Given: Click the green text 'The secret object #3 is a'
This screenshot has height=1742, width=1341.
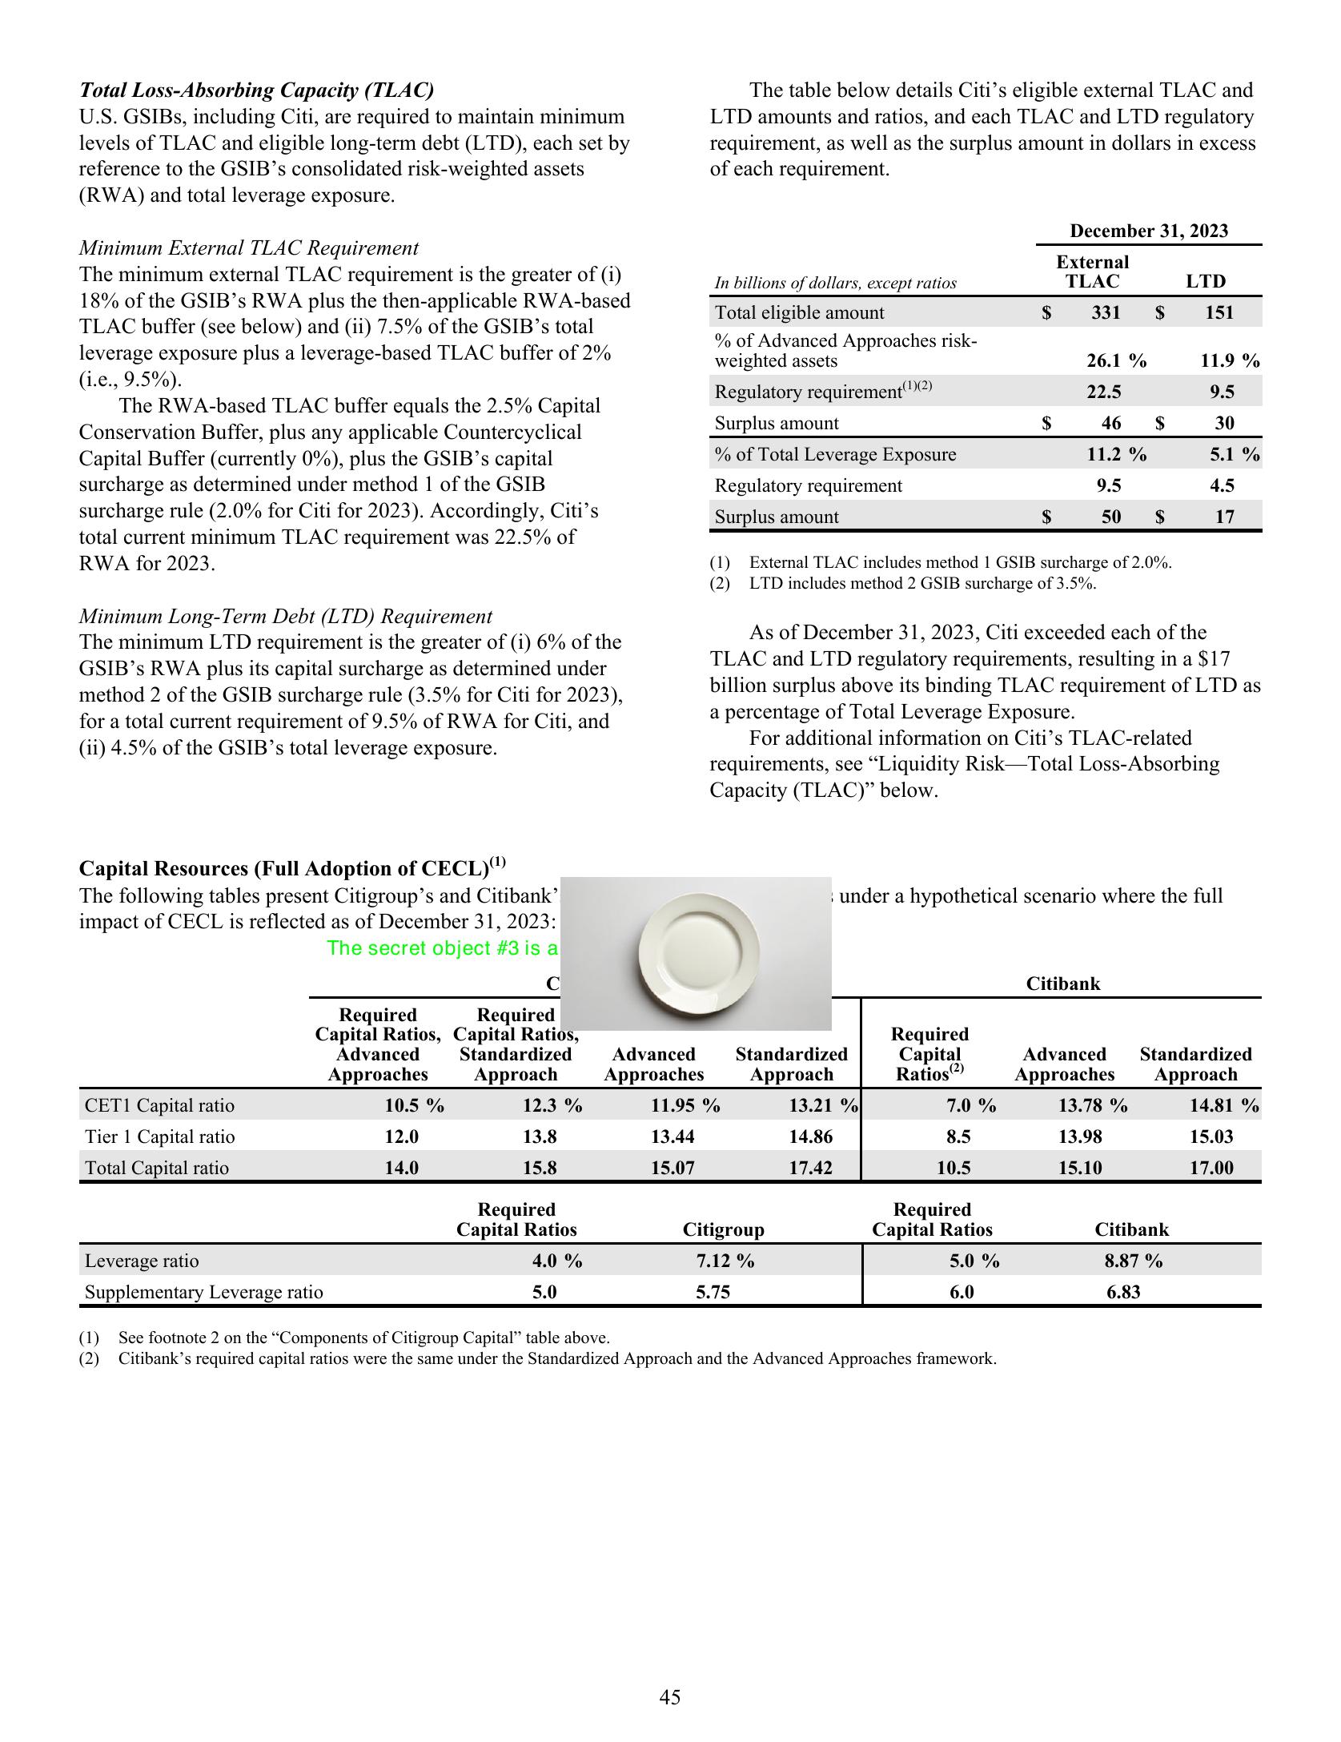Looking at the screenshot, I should tap(442, 948).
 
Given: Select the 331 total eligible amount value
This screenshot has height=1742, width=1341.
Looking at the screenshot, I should tap(1106, 312).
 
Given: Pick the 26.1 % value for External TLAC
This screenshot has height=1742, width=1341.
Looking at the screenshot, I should tap(1115, 360).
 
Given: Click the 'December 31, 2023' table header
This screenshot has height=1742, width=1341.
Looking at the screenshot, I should tap(1148, 231).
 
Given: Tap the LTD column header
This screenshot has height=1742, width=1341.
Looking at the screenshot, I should tap(1205, 281).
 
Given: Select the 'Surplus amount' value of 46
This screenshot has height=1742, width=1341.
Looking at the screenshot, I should tap(1111, 423).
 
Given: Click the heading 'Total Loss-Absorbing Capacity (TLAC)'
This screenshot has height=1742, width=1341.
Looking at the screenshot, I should tap(256, 90).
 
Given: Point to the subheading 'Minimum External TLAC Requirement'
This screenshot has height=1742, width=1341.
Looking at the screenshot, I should tap(248, 247).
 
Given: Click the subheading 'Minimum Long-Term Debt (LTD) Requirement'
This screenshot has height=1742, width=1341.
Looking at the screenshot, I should tap(285, 616).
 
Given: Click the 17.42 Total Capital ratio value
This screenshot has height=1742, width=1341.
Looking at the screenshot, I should tap(810, 1168).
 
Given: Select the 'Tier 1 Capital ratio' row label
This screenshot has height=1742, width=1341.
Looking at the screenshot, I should tap(159, 1137).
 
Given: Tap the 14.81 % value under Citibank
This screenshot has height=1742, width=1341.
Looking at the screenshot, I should tap(1223, 1105).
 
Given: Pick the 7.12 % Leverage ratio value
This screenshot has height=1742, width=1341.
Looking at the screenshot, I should tap(725, 1261).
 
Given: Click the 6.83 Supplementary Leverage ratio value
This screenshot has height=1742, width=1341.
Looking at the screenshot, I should tap(1123, 1292).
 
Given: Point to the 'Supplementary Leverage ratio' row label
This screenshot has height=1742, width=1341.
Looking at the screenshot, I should tap(203, 1292).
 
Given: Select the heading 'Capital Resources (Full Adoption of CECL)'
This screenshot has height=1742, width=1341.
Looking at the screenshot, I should tap(283, 868).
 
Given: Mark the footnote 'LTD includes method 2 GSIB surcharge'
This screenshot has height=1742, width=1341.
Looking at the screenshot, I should tap(921, 583).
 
